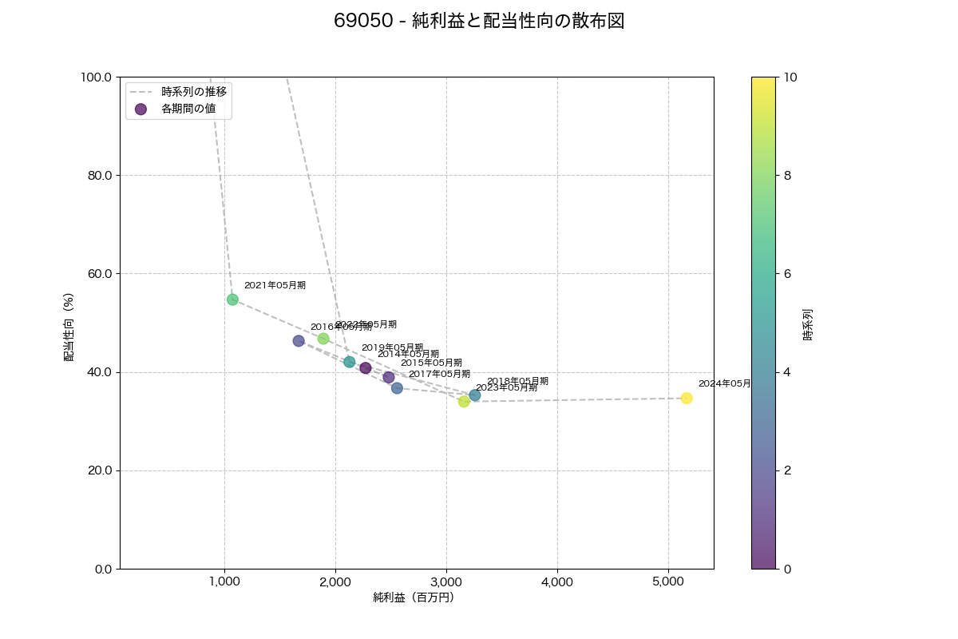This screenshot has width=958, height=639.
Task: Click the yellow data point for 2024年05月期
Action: pos(687,398)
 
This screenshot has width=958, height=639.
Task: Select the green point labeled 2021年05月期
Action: pos(232,300)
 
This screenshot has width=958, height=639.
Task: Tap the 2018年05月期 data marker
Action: pos(475,395)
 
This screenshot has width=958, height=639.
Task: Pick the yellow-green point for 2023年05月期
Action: pos(464,401)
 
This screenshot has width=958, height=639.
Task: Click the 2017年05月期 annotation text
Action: pos(439,374)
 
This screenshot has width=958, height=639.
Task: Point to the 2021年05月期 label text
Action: pos(275,285)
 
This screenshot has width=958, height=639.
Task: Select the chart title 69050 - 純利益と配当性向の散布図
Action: pos(479,22)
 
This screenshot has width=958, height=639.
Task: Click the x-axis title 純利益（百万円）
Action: pos(414,597)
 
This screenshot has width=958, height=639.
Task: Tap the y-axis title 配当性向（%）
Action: pos(69,323)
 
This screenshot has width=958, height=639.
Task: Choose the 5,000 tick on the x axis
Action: pos(668,582)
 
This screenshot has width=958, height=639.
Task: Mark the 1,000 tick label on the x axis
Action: pos(224,582)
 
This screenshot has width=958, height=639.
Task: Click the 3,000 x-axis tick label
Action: pos(446,582)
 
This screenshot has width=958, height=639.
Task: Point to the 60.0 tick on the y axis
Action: pos(98,274)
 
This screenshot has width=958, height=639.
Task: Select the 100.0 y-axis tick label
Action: pos(96,77)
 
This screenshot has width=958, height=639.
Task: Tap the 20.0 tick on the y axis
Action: pos(98,470)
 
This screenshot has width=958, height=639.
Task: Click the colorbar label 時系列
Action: pos(808,323)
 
